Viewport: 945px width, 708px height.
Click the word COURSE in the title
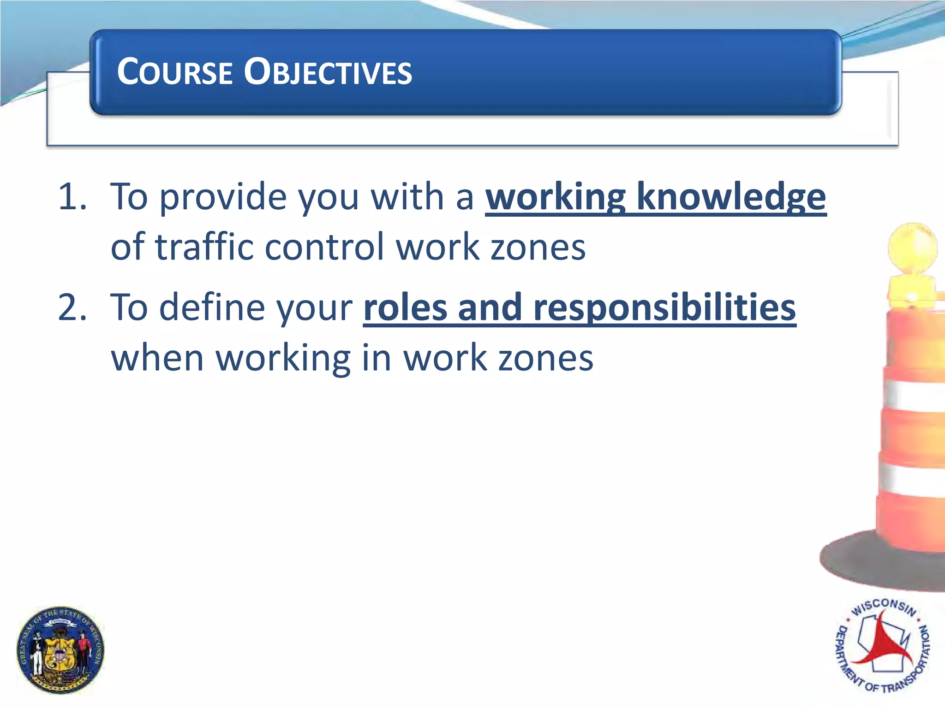pyautogui.click(x=174, y=72)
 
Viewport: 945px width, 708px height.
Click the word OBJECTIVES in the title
pyautogui.click(x=328, y=72)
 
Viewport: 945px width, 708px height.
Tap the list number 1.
pyautogui.click(x=72, y=197)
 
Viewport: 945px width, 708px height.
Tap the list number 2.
pyautogui.click(x=72, y=307)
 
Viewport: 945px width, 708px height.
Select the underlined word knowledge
pyautogui.click(x=731, y=197)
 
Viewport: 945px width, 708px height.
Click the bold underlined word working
pyautogui.click(x=556, y=197)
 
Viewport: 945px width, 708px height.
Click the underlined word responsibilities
pyautogui.click(x=664, y=307)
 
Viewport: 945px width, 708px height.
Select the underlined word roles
pyautogui.click(x=405, y=307)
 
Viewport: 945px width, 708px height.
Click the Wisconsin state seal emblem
pyautogui.click(x=60, y=650)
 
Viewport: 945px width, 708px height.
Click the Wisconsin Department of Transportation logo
pyautogui.click(x=882, y=645)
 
